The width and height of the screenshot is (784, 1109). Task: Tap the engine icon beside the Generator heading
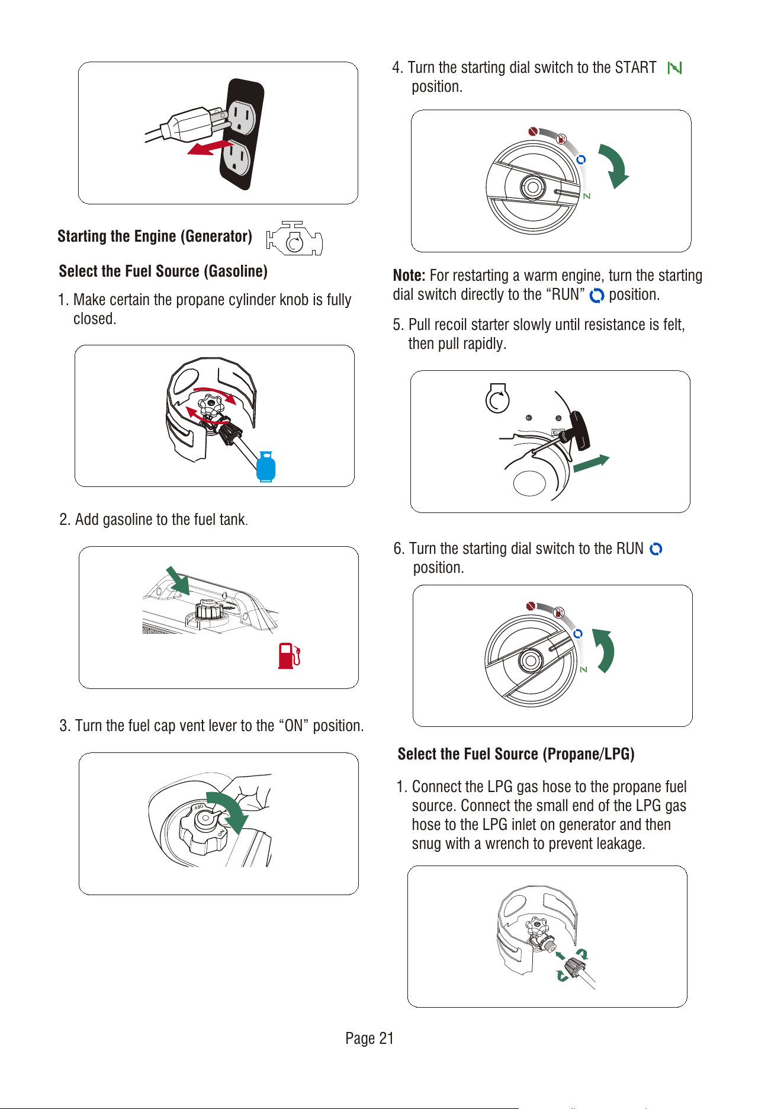(x=294, y=238)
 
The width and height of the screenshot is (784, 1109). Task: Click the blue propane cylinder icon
(x=266, y=466)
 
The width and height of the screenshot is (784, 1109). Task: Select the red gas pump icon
(x=290, y=656)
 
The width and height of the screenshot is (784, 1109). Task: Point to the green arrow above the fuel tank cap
(x=178, y=581)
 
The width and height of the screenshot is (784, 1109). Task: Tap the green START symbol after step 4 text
(x=674, y=68)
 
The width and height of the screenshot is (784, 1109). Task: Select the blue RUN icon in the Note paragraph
(x=597, y=295)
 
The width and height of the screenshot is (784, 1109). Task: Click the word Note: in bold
(x=409, y=275)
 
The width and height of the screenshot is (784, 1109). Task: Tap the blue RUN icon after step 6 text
(x=656, y=549)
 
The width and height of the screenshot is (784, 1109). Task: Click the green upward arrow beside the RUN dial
(x=605, y=650)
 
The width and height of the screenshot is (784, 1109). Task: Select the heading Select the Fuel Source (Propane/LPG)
(x=516, y=754)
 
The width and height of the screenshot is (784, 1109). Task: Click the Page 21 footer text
(x=369, y=1038)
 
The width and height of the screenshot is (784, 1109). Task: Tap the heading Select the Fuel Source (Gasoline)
(x=163, y=271)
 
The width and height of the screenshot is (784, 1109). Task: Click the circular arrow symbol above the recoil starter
(x=497, y=398)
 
